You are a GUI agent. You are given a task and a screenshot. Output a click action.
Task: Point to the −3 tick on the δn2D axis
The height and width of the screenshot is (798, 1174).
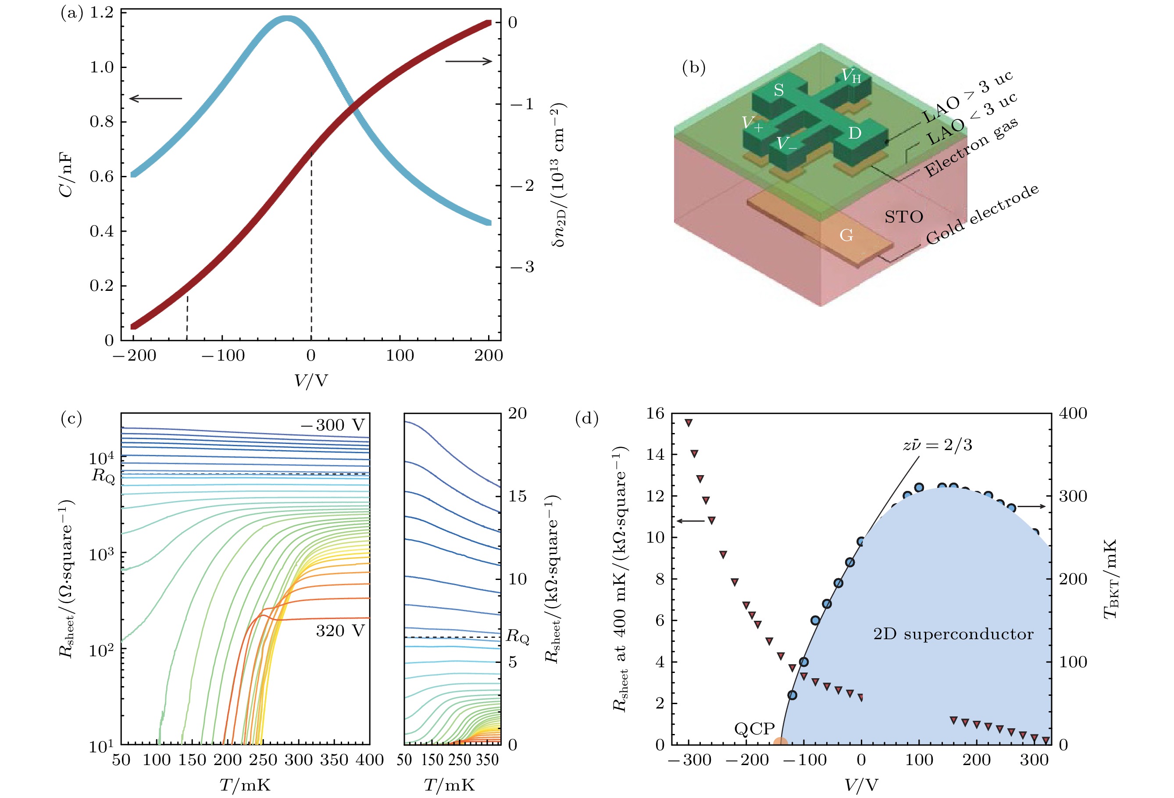pos(522,267)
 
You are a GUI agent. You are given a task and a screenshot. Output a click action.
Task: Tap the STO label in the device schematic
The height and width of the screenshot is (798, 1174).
pos(904,217)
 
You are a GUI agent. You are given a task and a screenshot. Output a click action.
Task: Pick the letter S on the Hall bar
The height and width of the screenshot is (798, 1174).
pos(778,90)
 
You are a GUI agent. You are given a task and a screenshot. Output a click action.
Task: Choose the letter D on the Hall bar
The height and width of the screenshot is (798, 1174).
pos(854,133)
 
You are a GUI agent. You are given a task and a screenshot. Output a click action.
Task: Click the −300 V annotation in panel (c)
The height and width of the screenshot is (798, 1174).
pos(332,425)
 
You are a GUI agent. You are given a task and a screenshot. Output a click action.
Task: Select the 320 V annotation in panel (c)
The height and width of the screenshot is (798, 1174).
pos(340,631)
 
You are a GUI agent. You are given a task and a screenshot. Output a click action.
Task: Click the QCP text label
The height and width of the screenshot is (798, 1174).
pos(754,728)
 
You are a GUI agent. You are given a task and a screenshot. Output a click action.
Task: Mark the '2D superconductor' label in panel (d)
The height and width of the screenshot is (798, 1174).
pos(953,634)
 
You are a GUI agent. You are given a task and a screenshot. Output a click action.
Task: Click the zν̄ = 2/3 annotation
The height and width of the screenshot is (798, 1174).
pos(937,445)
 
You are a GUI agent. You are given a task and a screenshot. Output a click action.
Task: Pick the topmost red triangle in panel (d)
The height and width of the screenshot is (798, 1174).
pos(688,422)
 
